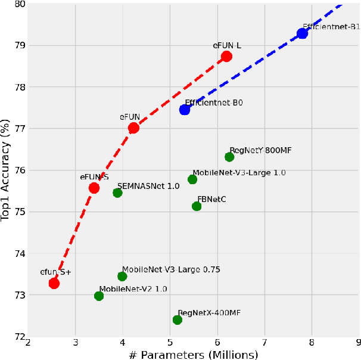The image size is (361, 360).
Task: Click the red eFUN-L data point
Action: click(226, 57)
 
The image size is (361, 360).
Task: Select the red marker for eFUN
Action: click(133, 128)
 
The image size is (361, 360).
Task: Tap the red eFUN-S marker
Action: click(94, 188)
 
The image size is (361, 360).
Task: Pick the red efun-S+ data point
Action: click(54, 283)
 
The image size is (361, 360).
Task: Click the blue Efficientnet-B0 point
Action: click(185, 110)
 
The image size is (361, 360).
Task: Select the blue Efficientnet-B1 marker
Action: click(302, 33)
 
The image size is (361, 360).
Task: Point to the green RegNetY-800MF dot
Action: click(229, 157)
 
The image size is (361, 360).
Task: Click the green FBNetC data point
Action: click(197, 206)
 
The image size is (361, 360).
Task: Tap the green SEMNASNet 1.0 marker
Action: click(117, 193)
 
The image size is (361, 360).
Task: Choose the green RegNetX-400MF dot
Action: click(177, 319)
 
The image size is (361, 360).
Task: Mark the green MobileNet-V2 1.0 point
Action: click(99, 296)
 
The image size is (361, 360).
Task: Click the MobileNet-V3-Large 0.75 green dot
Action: click(122, 276)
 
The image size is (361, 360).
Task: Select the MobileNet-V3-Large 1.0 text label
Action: click(239, 172)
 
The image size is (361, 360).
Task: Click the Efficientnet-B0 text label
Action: click(214, 103)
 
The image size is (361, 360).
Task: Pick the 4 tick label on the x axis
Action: click(122, 343)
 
